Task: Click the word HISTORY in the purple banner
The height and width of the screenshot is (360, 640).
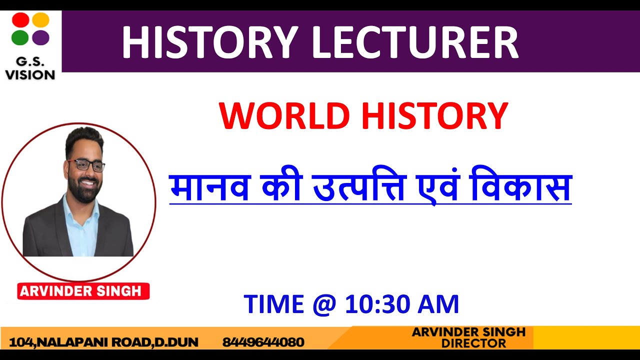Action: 210,43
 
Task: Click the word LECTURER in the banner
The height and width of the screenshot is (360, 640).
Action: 415,43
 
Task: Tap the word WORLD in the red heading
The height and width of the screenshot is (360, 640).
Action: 284,116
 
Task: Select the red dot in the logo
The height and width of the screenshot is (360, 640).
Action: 20,20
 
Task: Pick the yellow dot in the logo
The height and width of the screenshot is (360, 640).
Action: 41,20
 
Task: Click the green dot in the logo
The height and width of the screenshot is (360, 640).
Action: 20,37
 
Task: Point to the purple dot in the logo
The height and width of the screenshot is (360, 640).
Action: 41,37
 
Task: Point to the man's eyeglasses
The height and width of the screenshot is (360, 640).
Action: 85,165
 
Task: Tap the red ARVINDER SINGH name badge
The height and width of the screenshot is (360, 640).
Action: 83,291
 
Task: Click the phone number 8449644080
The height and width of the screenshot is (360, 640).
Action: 263,342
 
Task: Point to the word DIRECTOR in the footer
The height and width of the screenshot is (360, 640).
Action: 473,343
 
